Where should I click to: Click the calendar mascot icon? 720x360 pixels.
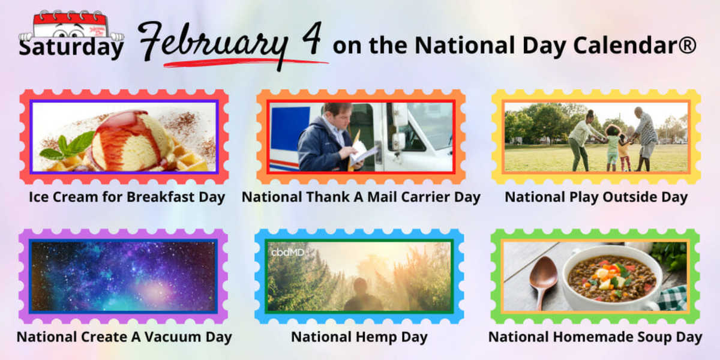point(71,26)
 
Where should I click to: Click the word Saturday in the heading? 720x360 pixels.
point(71,47)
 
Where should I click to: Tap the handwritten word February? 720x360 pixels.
point(213,44)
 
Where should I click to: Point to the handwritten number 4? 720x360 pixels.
point(312,38)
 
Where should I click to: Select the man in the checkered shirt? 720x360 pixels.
point(645,139)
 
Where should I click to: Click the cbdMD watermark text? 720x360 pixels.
point(287,253)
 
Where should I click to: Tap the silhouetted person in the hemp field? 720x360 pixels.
point(362,294)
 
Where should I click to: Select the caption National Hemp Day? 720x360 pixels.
point(359,337)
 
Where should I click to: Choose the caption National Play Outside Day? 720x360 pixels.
point(596,197)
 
